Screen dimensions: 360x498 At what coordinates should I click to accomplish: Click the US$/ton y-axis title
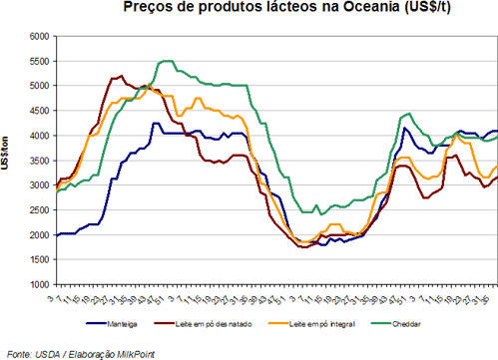coord(9,161)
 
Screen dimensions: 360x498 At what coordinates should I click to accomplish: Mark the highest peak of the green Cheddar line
coord(167,61)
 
